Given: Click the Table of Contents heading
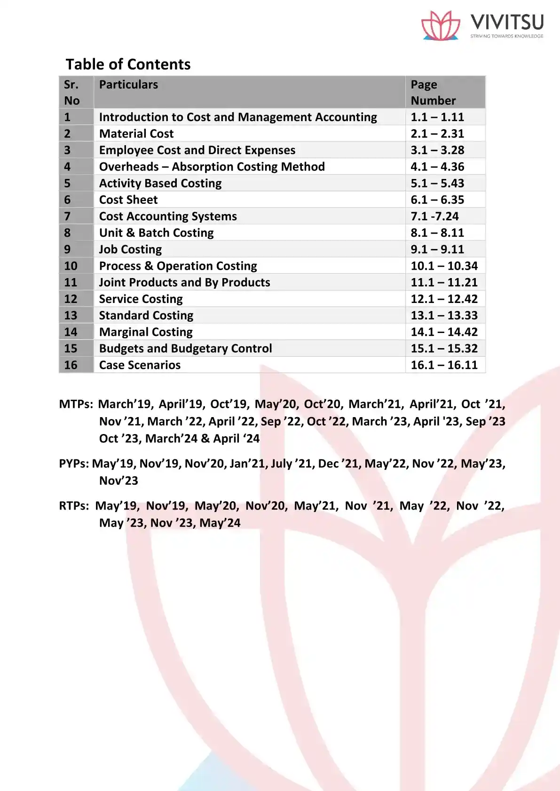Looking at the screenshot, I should [128, 64].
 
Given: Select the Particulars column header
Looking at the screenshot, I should [128, 85].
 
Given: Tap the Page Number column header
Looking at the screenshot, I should [433, 93].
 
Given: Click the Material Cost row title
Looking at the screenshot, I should [136, 134].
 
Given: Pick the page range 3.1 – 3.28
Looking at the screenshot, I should [437, 150].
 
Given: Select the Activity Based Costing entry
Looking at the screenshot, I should [160, 183].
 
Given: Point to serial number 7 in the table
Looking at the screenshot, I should [68, 217].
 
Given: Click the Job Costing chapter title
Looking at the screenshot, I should [130, 249].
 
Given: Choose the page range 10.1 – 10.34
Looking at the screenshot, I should [444, 266].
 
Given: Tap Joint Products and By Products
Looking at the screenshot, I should [184, 282].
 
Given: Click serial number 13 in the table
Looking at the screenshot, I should [71, 316].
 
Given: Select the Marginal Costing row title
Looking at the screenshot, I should [146, 332].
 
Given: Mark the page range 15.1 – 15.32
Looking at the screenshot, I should [444, 349].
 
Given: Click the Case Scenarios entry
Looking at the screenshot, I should [140, 365].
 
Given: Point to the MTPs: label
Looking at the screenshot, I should [76, 404].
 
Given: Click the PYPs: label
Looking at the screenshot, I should [74, 464].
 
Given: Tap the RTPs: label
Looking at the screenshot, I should [74, 506].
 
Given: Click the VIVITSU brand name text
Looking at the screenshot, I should [507, 22].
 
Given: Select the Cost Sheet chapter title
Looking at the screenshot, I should [128, 200].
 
